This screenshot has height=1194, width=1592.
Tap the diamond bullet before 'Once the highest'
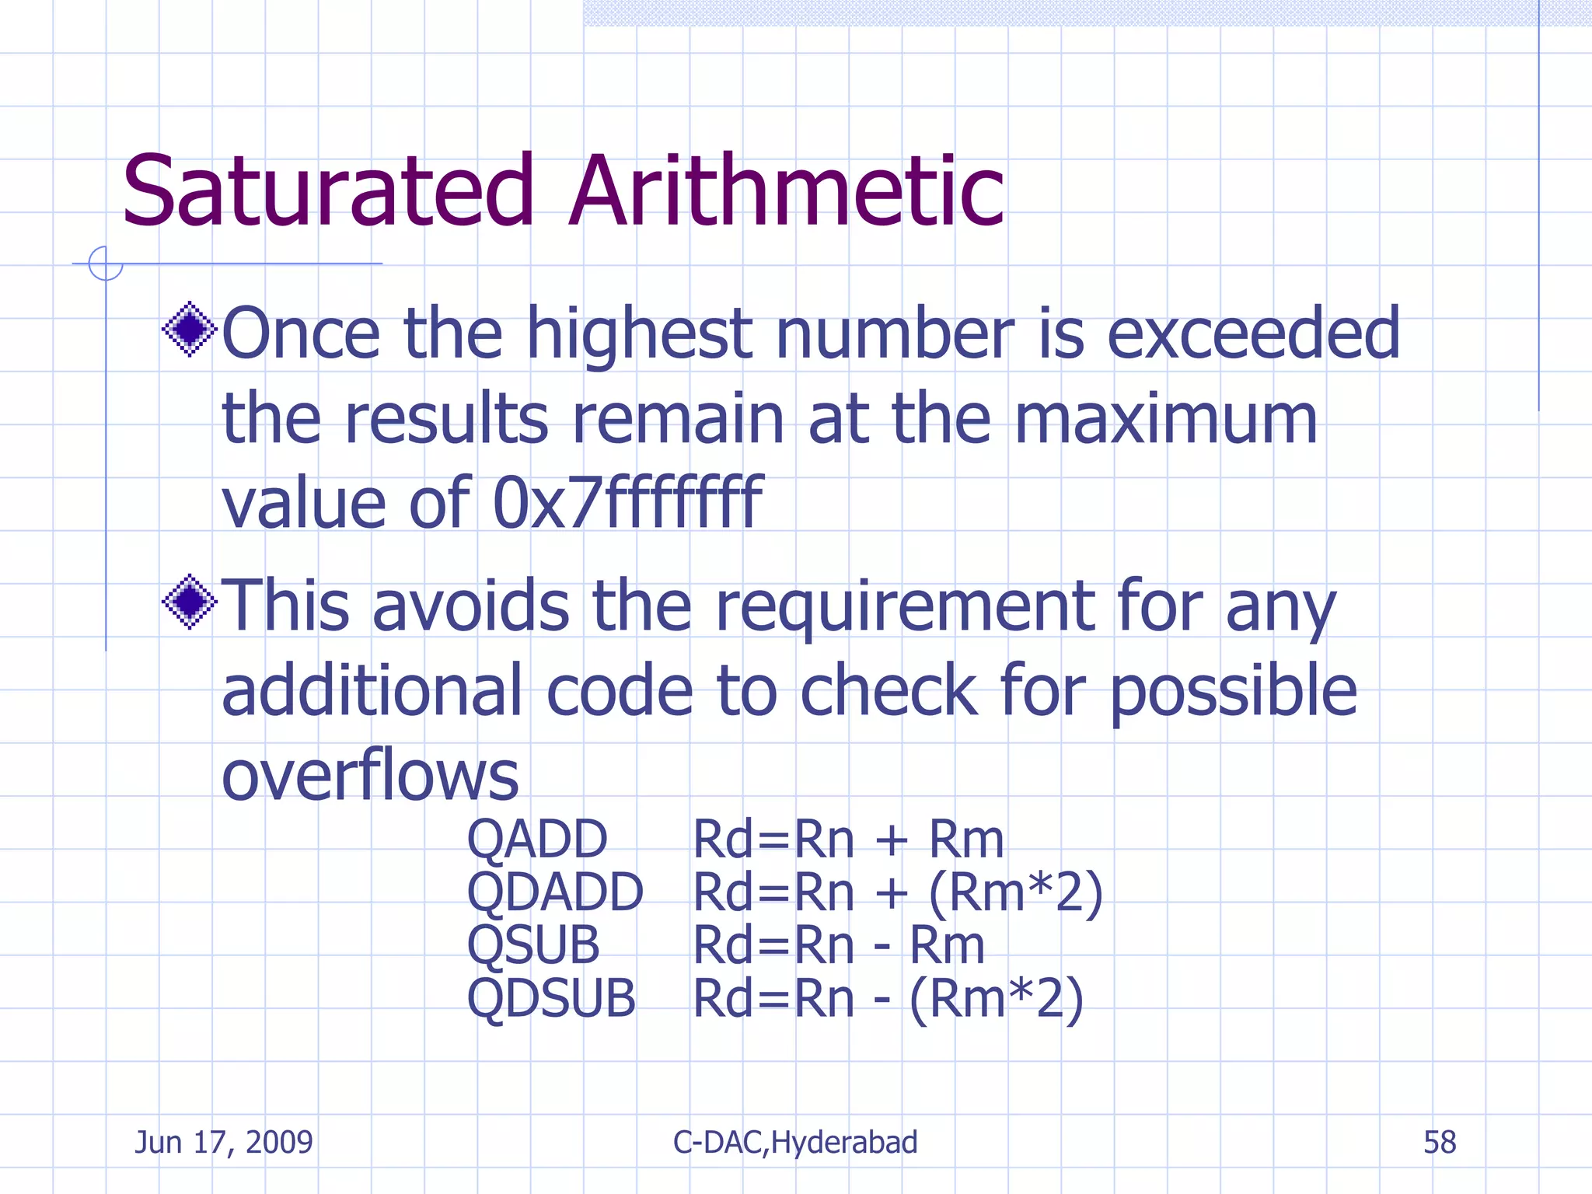pyautogui.click(x=189, y=330)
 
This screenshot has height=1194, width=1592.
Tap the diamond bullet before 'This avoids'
pyautogui.click(x=189, y=602)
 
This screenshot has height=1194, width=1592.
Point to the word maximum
pyautogui.click(x=1165, y=418)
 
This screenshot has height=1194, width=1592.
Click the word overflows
pyautogui.click(x=370, y=775)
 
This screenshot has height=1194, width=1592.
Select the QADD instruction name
pyautogui.click(x=537, y=840)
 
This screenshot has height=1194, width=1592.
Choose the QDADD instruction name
pyautogui.click(x=555, y=892)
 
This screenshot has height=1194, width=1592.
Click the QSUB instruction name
pyautogui.click(x=533, y=945)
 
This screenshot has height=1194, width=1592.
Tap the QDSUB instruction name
pyautogui.click(x=551, y=998)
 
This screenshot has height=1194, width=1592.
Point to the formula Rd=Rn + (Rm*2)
pyautogui.click(x=898, y=892)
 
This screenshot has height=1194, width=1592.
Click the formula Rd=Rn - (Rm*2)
pyautogui.click(x=888, y=998)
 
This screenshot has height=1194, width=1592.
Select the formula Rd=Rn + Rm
pyautogui.click(x=848, y=840)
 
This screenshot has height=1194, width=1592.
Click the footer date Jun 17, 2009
pyautogui.click(x=224, y=1143)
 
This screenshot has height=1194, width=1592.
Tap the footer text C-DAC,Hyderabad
pyautogui.click(x=795, y=1143)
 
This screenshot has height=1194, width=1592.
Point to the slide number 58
pyautogui.click(x=1440, y=1143)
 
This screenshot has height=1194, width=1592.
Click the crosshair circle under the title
pyautogui.click(x=106, y=264)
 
